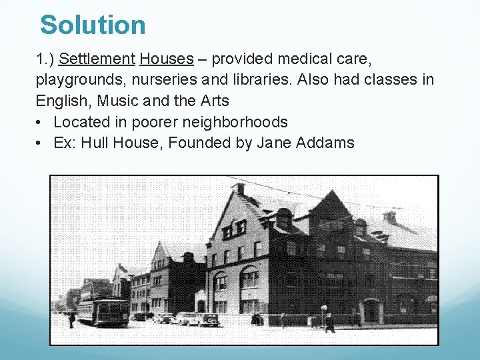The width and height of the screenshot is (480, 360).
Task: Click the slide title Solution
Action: (x=93, y=25)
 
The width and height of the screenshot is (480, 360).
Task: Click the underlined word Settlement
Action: (x=97, y=59)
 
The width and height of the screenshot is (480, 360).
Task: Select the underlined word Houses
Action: (x=167, y=59)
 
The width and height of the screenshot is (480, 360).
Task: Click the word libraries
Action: (x=262, y=80)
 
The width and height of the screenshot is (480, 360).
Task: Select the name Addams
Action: (x=327, y=143)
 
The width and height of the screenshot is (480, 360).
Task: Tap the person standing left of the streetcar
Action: (x=71, y=319)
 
